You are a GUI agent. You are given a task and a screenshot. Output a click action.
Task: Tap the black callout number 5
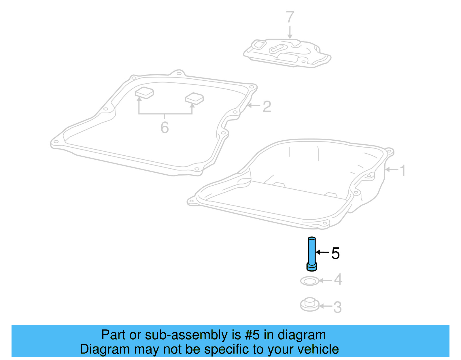pos(335,253)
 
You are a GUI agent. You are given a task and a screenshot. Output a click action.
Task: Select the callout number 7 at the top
pos(290,17)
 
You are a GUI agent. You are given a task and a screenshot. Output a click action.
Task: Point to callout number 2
pos(267,107)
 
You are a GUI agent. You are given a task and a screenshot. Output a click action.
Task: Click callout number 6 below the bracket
pos(165,127)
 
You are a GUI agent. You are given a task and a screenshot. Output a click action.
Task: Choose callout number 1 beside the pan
pos(403,170)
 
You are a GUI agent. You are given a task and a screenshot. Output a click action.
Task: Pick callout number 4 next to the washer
pos(338,280)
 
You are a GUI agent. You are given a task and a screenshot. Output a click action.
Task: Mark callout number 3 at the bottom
pos(337,307)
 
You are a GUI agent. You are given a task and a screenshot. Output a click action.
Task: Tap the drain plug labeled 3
pos(310,305)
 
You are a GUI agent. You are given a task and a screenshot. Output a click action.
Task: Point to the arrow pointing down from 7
pos(290,32)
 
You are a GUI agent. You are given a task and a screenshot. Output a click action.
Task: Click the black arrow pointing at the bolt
pos(322,252)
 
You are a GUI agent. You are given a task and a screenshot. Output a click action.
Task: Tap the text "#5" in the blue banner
pos(252,335)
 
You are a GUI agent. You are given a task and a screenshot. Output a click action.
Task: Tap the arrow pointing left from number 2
pos(254,105)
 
